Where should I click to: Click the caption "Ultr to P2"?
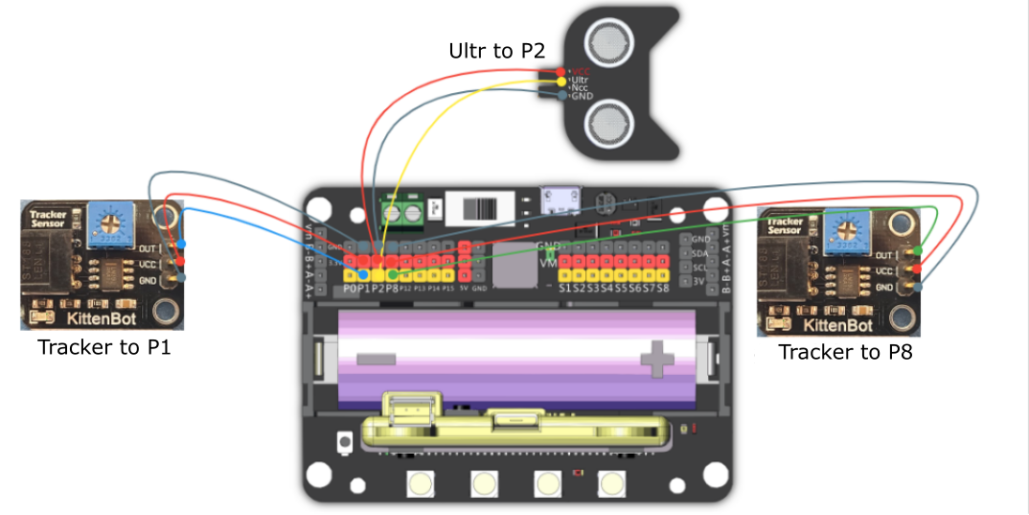click(x=494, y=51)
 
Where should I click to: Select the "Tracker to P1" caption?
click(x=104, y=347)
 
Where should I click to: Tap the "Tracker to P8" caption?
click(x=845, y=352)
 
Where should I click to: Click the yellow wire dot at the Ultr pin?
click(x=560, y=81)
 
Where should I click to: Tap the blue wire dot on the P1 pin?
click(x=363, y=274)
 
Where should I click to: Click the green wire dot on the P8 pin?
click(x=392, y=274)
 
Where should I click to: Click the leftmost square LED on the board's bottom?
click(x=420, y=484)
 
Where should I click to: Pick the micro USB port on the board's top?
click(x=555, y=199)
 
